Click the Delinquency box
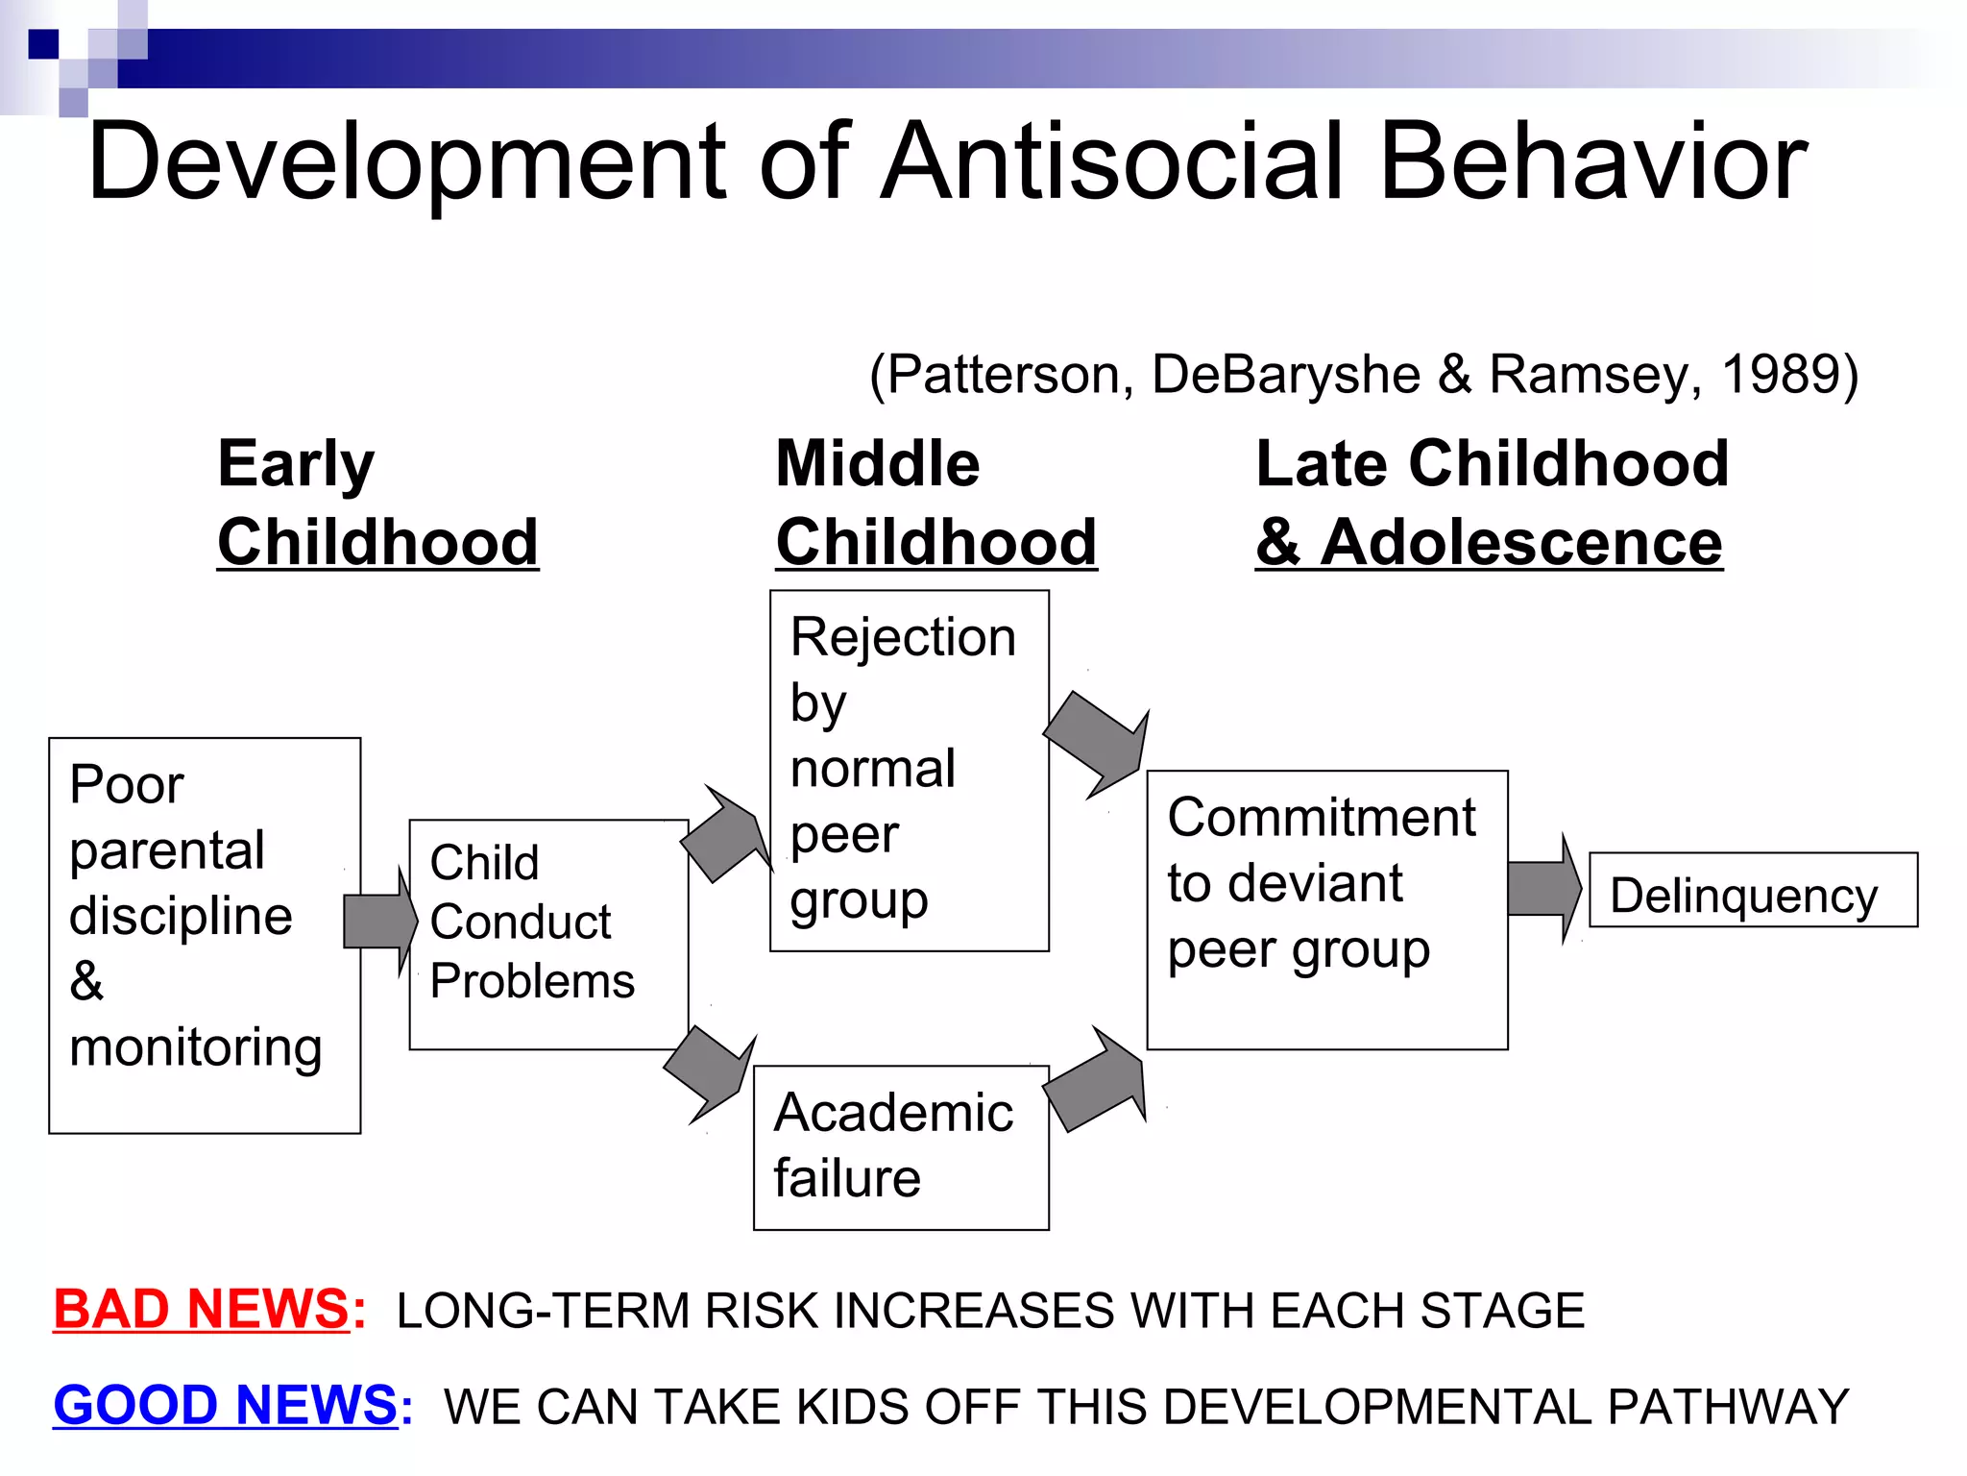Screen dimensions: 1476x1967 tap(1753, 891)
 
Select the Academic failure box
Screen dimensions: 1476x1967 tap(901, 1147)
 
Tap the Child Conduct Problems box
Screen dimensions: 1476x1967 tap(548, 934)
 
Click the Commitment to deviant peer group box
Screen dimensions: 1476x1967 tap(1326, 909)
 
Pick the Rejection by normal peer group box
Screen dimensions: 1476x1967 tap(909, 771)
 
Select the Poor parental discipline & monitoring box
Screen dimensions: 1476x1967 tap(205, 935)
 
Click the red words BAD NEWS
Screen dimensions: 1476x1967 tap(202, 1310)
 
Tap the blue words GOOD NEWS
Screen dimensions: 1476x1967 tap(225, 1405)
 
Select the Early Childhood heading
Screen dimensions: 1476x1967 tap(377, 503)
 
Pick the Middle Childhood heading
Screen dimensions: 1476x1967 tap(935, 503)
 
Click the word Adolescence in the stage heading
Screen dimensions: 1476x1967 tap(1521, 543)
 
